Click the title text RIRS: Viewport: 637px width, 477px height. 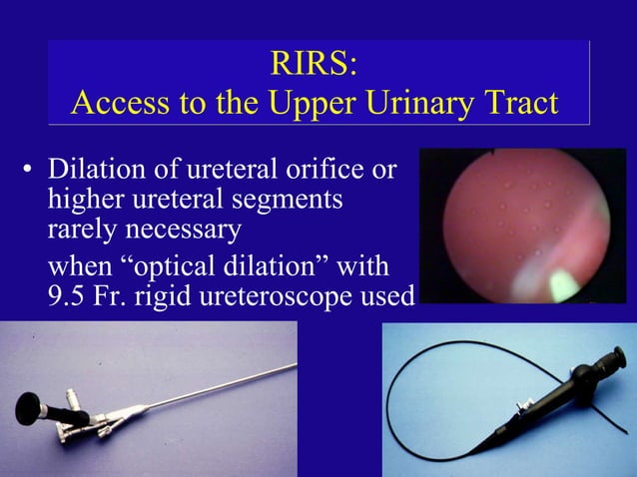point(314,64)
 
